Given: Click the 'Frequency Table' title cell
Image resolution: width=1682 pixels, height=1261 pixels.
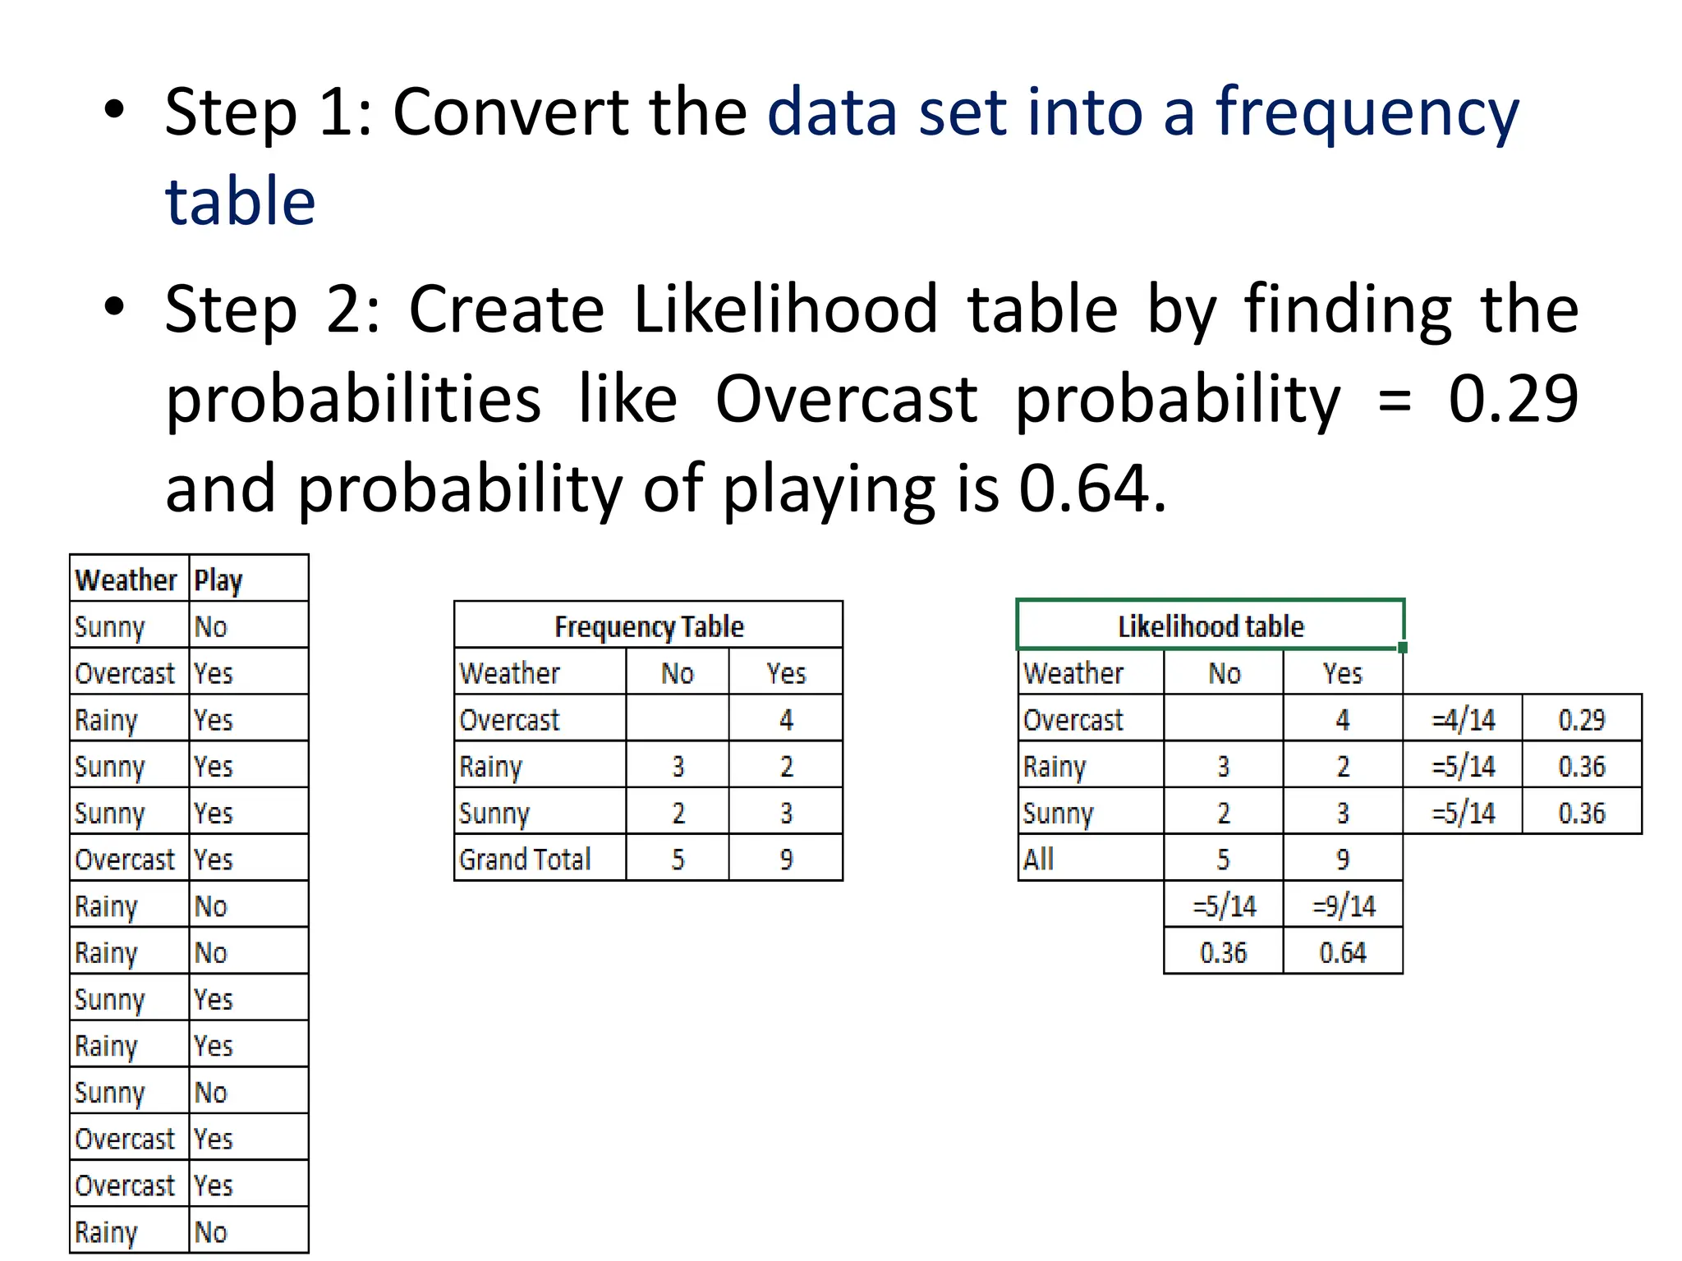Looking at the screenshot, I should (649, 626).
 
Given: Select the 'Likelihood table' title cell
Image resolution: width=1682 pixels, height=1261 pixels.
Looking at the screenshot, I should (1211, 626).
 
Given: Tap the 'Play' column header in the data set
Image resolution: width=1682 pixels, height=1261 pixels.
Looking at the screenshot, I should (218, 580).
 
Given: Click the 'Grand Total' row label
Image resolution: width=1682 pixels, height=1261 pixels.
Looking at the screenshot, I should (525, 860).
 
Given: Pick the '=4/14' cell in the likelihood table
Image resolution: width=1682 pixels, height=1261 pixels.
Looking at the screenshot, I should (1464, 720).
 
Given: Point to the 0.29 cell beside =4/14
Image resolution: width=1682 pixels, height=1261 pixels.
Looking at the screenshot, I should (1582, 720).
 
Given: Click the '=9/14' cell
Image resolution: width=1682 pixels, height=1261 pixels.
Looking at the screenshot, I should (1344, 906).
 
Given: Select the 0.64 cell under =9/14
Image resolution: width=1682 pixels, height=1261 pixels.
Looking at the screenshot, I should (1343, 953).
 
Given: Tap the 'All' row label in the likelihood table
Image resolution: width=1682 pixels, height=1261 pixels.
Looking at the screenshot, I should (1039, 860).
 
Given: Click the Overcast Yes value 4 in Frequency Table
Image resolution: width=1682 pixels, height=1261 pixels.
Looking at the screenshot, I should (786, 720).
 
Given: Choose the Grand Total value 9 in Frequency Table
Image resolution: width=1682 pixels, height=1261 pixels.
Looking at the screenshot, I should (786, 860).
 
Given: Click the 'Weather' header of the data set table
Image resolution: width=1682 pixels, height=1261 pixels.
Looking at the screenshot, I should (126, 580).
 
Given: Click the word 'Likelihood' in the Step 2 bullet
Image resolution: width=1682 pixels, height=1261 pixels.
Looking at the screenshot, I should (786, 310).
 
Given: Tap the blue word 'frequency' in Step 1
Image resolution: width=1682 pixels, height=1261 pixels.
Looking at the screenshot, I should (1367, 112).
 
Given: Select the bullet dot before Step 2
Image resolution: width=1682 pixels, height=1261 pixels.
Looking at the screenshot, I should (115, 307).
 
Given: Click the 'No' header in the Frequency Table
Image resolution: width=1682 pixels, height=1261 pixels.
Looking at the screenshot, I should (678, 674).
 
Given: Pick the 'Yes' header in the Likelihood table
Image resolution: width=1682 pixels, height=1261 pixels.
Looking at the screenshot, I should (1343, 674).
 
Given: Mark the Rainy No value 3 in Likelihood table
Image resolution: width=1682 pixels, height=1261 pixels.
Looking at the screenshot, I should (1223, 767).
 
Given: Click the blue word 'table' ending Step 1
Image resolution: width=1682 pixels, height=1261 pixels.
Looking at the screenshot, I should (240, 202).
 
